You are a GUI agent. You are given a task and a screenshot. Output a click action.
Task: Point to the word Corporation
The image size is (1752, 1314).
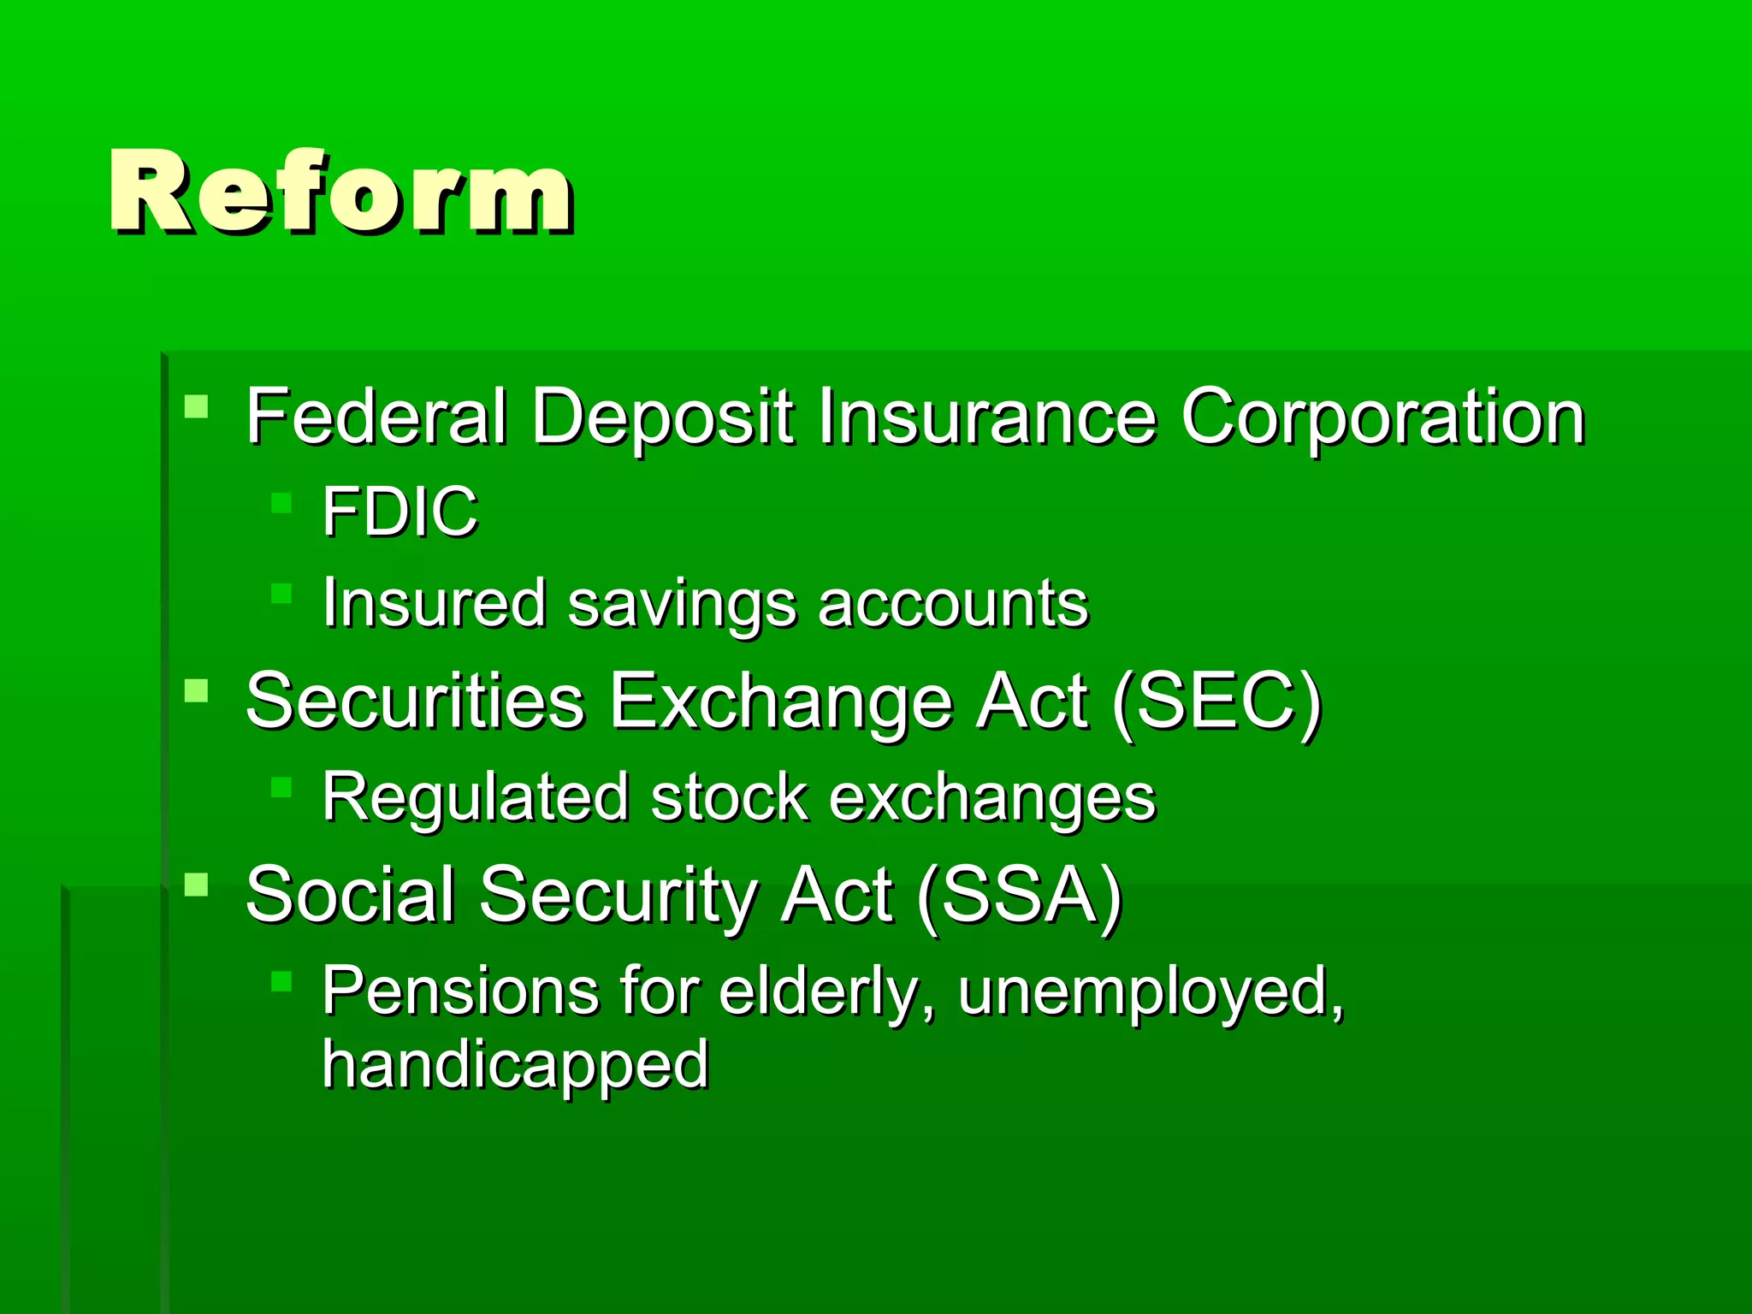[1382, 419]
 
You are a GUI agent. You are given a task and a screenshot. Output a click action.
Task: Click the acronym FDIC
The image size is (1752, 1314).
[400, 512]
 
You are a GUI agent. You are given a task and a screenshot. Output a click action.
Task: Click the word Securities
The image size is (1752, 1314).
[415, 701]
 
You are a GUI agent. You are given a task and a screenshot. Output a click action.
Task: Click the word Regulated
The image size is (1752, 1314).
[476, 797]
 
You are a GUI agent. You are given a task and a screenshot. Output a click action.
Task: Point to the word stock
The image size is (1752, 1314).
[729, 797]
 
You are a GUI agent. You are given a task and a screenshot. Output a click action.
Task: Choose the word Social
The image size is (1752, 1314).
[350, 895]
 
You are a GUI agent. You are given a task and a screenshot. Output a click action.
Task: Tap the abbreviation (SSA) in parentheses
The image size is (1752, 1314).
[1018, 897]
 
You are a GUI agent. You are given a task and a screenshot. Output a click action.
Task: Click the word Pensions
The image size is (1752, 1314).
[460, 991]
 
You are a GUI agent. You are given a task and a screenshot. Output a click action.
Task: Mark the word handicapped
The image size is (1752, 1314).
[515, 1065]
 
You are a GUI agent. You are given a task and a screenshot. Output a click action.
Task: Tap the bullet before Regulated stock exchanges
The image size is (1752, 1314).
[281, 786]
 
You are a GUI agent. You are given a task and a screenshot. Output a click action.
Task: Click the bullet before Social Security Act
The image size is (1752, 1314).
[196, 884]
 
